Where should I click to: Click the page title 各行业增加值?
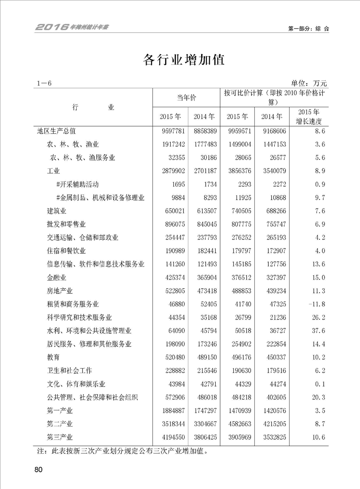(x=184, y=60)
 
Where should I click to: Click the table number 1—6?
(x=45, y=84)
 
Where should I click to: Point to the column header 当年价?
(x=186, y=98)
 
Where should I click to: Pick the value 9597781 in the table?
(x=171, y=131)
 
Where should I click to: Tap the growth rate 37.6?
(x=316, y=331)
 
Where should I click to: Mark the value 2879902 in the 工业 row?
(x=171, y=171)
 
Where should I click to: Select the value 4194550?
(x=171, y=437)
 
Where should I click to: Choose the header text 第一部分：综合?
(x=308, y=28)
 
